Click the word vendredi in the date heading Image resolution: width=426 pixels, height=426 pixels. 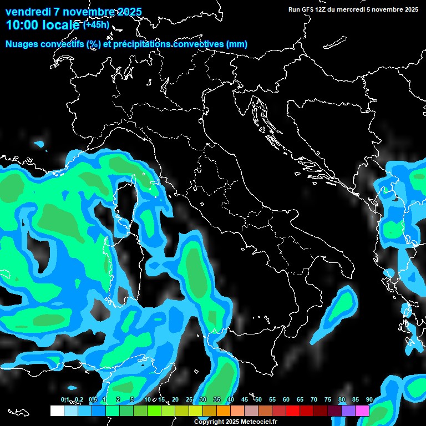28,12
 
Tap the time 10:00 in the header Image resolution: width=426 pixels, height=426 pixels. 24,25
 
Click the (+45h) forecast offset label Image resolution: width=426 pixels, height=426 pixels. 97,24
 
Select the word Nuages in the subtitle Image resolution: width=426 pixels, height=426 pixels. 21,44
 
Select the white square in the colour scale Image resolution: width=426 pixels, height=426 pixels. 57,410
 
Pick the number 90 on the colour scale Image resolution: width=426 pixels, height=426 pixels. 369,400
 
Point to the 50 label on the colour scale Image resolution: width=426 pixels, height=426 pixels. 258,400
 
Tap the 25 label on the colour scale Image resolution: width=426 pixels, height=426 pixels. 189,400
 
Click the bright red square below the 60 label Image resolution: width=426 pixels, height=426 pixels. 293,410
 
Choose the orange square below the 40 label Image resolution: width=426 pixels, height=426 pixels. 224,410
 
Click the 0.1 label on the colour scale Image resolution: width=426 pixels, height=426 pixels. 64,400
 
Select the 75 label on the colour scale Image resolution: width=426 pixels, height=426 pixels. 328,400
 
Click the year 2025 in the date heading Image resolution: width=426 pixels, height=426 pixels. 128,12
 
